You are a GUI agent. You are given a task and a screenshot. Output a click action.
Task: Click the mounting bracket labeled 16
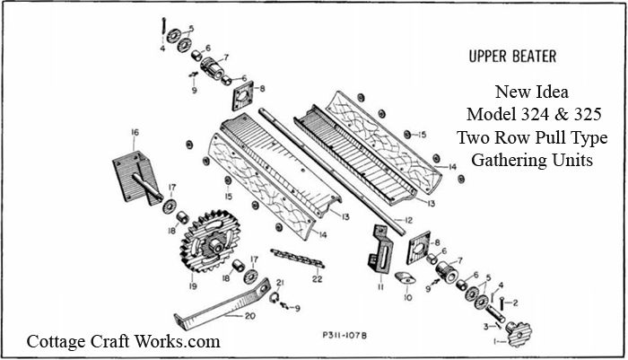pos(131,178)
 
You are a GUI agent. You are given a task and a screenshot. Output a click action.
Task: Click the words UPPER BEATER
pos(511,57)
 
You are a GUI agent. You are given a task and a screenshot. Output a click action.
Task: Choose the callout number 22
pos(317,278)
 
